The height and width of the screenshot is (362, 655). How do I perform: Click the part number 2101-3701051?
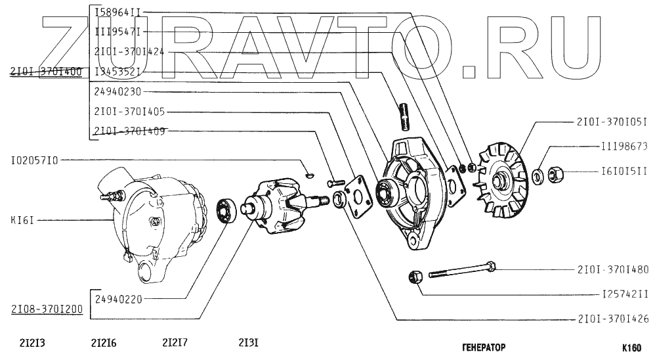pos(612,122)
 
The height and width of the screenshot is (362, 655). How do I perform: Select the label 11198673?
pos(624,147)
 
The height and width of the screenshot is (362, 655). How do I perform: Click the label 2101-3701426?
pos(612,320)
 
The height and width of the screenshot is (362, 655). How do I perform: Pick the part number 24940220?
pos(117,299)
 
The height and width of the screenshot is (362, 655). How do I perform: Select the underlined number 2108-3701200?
pos(45,309)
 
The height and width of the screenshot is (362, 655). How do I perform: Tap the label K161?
pos(22,220)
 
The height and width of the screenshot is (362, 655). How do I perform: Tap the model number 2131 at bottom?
pos(248,342)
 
